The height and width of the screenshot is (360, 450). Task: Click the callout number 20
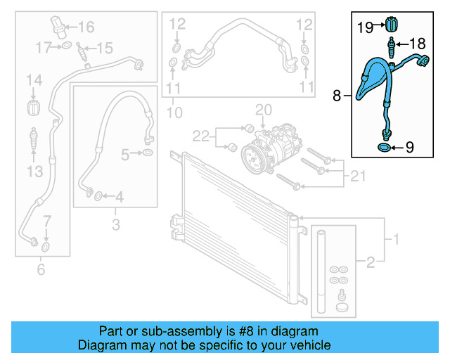coord(263,110)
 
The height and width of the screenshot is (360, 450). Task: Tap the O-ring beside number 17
coord(65,47)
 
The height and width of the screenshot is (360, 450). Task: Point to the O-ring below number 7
coord(46,247)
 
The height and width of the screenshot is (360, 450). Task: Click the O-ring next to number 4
coord(97,195)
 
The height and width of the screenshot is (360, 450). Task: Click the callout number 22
coord(201,134)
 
